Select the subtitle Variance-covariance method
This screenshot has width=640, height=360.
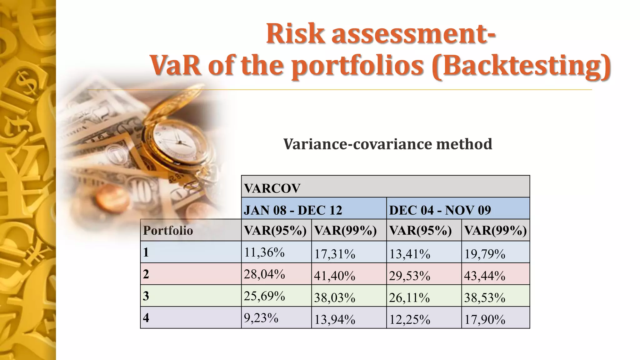tap(387, 144)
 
